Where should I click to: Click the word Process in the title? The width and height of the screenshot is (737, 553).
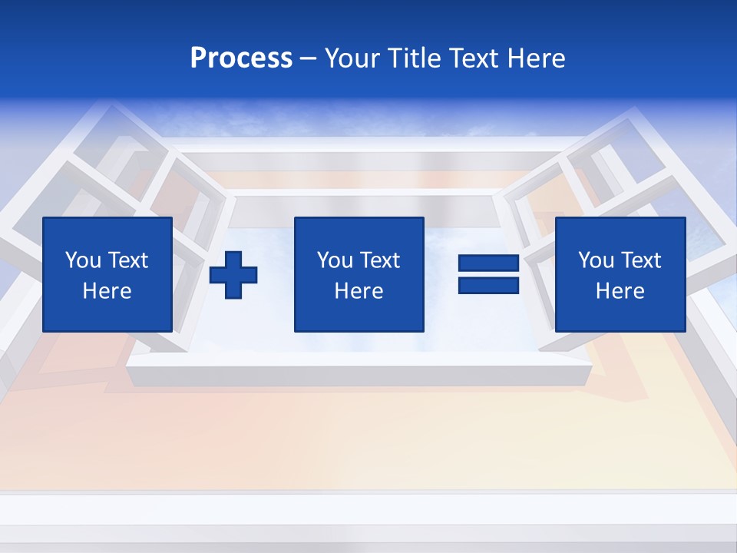[241, 58]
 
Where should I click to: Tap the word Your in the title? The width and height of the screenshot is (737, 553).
[352, 58]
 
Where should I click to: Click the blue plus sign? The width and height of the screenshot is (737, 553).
[233, 275]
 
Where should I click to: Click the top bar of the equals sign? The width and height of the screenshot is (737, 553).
[489, 263]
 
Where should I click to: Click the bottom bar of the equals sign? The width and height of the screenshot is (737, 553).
[489, 285]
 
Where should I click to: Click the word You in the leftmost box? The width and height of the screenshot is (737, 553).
[83, 260]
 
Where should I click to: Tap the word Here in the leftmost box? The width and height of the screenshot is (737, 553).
[107, 291]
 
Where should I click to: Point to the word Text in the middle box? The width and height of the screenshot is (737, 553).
[379, 260]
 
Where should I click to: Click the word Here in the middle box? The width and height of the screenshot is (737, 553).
[359, 291]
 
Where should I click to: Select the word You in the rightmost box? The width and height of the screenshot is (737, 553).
[596, 260]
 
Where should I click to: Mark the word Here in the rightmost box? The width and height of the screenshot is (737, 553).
[620, 291]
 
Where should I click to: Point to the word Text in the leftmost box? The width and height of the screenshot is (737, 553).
[127, 260]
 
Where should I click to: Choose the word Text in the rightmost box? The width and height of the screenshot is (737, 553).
[640, 260]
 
